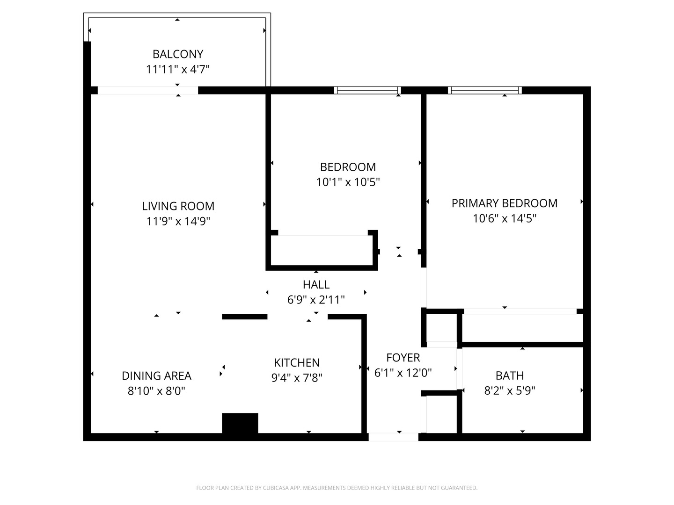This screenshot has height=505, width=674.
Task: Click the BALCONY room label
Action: (178, 54)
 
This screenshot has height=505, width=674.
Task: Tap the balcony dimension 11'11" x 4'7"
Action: (177, 69)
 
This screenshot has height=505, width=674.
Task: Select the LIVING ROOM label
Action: (178, 206)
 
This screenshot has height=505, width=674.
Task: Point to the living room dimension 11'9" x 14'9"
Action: (178, 221)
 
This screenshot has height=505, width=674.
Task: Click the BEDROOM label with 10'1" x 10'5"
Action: (348, 167)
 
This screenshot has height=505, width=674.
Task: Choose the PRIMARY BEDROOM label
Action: (505, 203)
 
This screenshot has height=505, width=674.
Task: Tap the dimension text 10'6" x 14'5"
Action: (505, 218)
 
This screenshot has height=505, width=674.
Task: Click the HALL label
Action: (316, 285)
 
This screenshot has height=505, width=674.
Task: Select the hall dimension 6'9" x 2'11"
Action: (316, 300)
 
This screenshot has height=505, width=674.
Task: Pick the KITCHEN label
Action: (297, 363)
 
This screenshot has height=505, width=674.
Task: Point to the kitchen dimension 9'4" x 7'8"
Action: (297, 378)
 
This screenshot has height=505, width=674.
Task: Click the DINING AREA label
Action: (157, 376)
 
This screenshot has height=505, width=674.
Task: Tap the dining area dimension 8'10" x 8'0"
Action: (157, 391)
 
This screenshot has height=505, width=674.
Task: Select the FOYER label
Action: (403, 358)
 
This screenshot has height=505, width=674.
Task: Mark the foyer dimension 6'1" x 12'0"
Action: (403, 373)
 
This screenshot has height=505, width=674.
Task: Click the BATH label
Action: (510, 375)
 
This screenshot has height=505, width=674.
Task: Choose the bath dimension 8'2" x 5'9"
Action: (510, 390)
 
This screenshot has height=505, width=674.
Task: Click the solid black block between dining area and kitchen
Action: (240, 424)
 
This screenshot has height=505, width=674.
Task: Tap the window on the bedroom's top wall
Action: (367, 90)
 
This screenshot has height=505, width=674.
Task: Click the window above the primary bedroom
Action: (485, 90)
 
